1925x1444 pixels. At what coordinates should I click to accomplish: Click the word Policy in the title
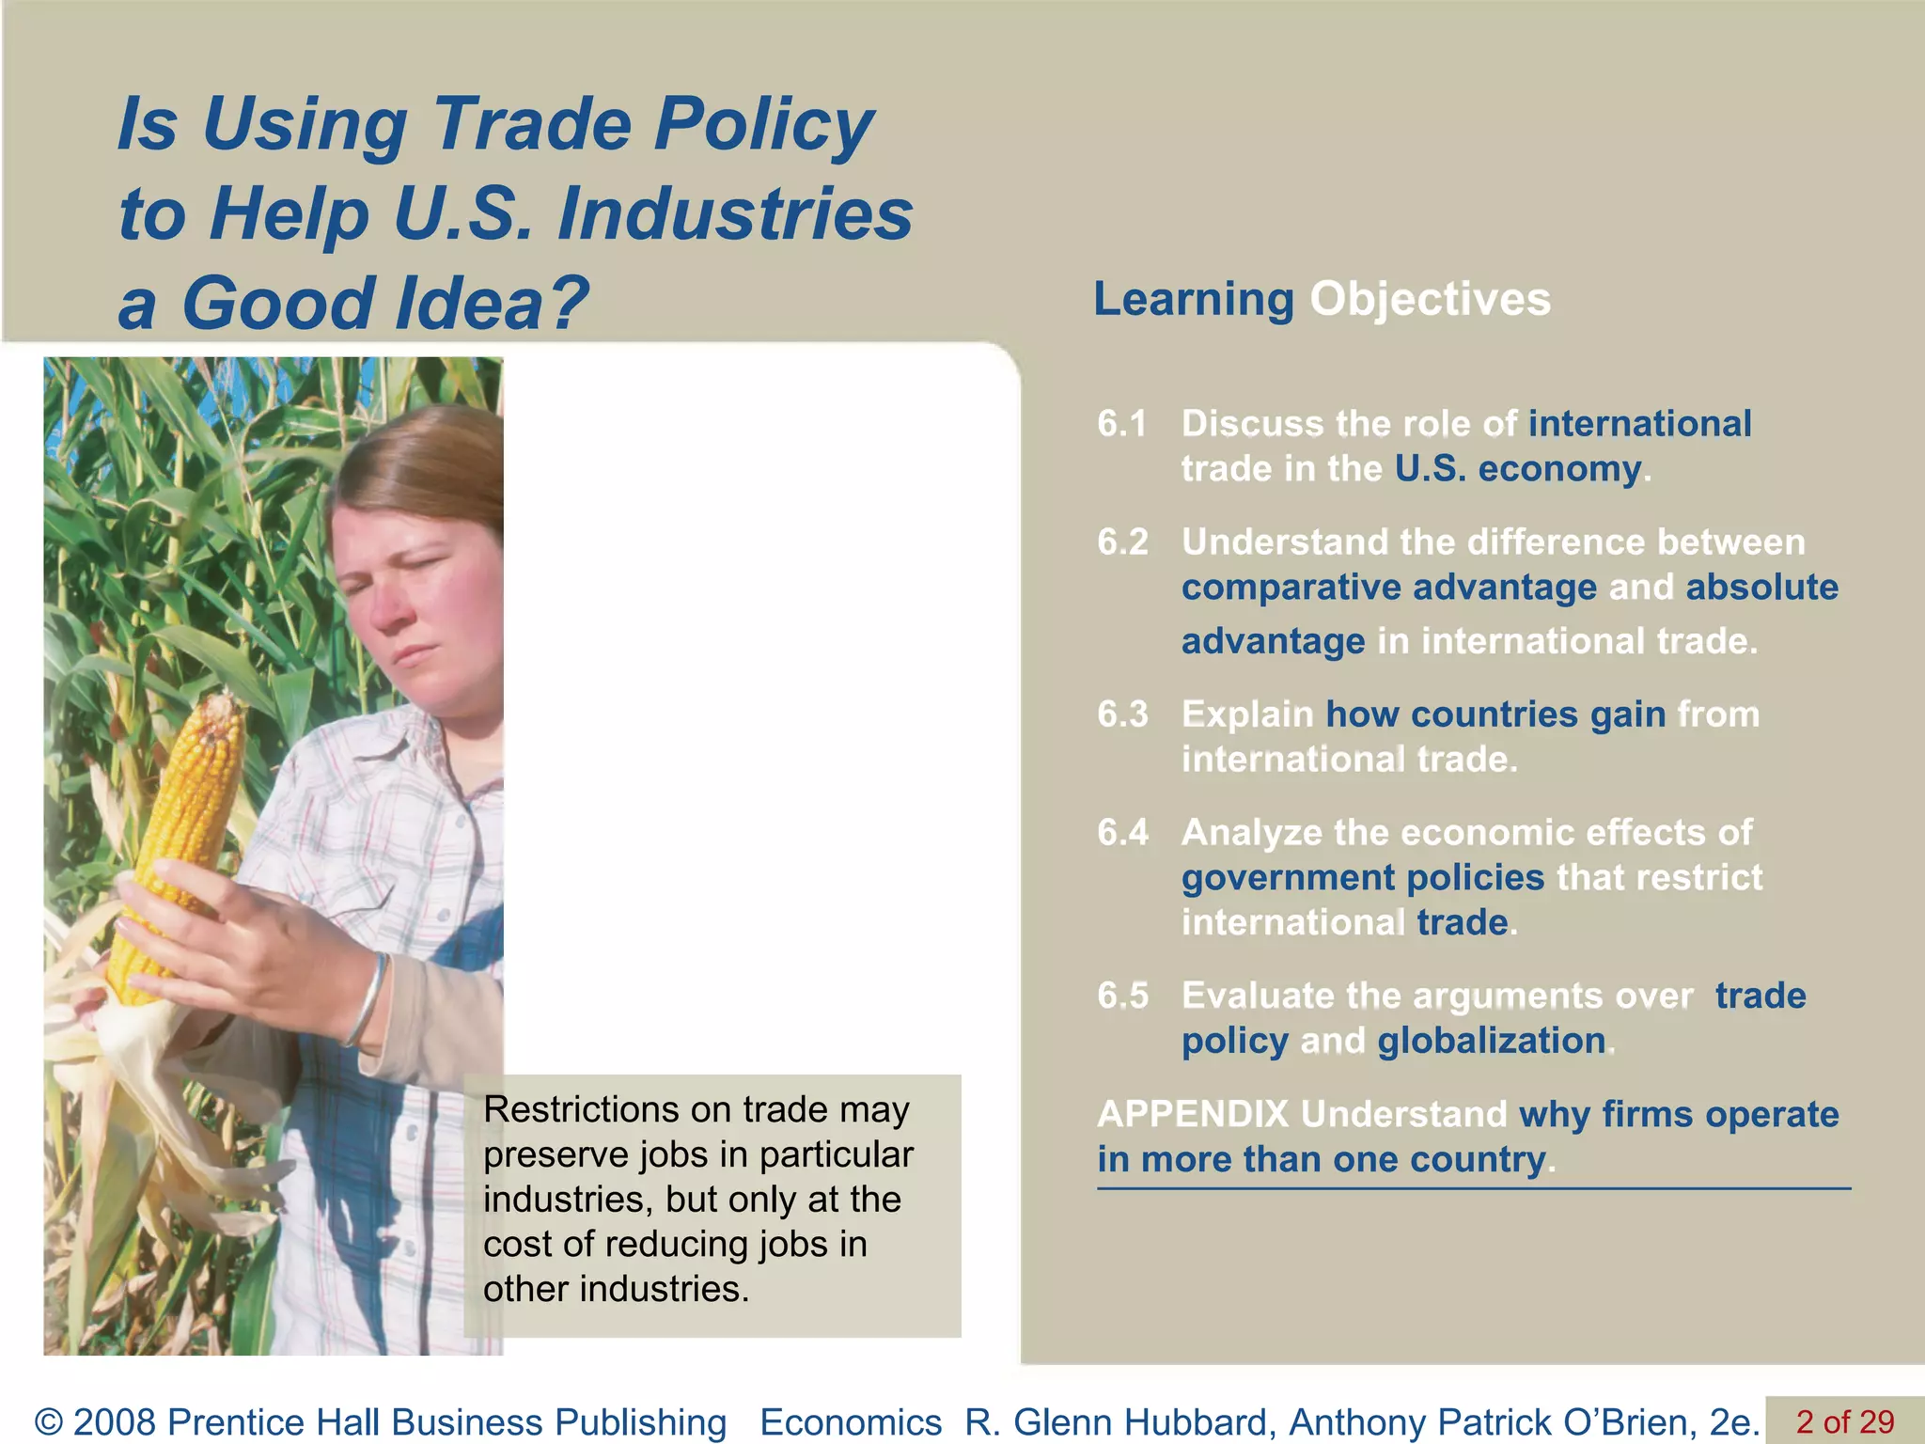763,125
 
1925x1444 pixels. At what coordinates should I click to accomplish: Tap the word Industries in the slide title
735,214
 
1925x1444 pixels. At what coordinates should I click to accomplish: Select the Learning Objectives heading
1322,299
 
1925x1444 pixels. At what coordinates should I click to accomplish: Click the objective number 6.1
1122,424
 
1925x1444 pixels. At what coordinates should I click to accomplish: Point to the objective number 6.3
1122,714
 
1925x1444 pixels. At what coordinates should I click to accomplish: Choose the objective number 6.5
1122,996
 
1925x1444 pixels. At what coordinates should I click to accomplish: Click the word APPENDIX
1192,1114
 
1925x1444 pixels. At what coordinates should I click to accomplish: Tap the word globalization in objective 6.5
1491,1041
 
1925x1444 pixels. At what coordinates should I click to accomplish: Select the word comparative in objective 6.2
1290,588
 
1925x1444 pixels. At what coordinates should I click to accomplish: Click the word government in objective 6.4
1288,878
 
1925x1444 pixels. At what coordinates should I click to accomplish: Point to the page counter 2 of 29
1844,1421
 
